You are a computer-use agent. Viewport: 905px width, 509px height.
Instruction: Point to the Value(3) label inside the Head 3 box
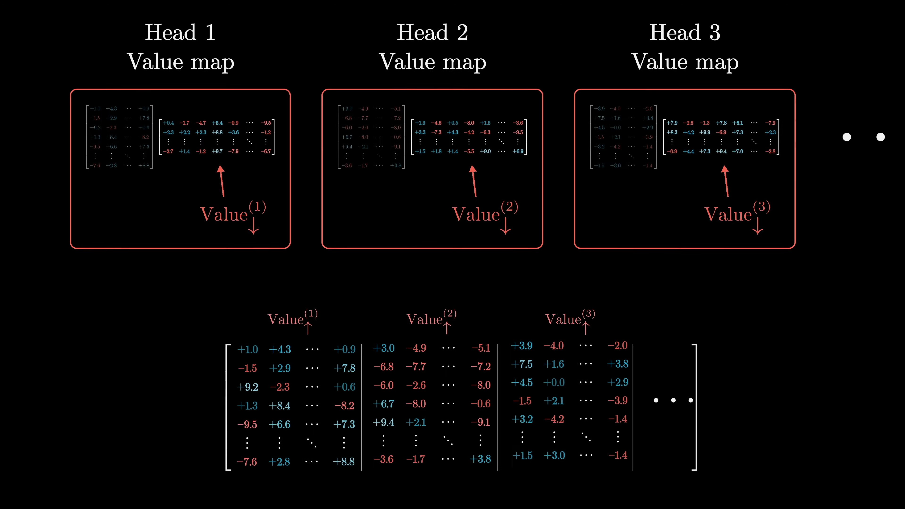click(x=737, y=213)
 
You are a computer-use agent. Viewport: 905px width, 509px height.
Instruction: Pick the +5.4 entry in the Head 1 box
click(x=217, y=123)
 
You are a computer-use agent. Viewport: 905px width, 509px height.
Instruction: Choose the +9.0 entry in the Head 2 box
click(x=485, y=151)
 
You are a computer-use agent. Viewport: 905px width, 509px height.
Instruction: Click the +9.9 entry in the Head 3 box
click(x=705, y=132)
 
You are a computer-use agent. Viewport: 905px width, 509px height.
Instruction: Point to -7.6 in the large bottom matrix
click(x=247, y=462)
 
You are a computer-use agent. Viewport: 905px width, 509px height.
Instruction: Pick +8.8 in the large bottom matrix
click(x=344, y=462)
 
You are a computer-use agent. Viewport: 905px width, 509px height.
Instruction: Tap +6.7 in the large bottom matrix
click(x=383, y=404)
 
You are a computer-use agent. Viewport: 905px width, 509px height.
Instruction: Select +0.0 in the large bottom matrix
click(x=554, y=382)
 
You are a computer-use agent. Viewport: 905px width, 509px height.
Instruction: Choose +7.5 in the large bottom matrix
click(x=522, y=364)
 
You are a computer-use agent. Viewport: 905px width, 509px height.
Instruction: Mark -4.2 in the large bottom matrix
click(x=554, y=419)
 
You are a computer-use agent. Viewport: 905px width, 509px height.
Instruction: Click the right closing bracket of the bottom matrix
click(x=695, y=407)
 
